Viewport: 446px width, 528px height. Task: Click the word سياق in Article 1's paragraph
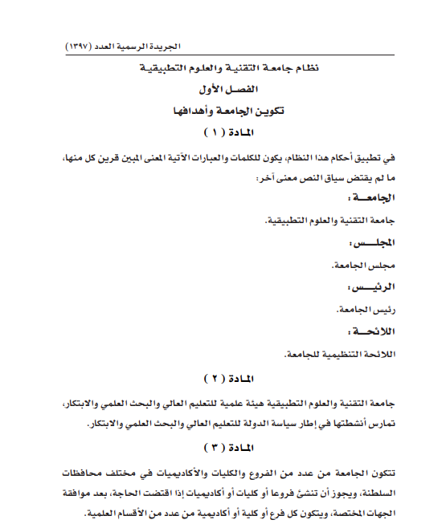click(329, 177)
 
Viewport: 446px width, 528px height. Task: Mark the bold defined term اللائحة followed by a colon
click(374, 330)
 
